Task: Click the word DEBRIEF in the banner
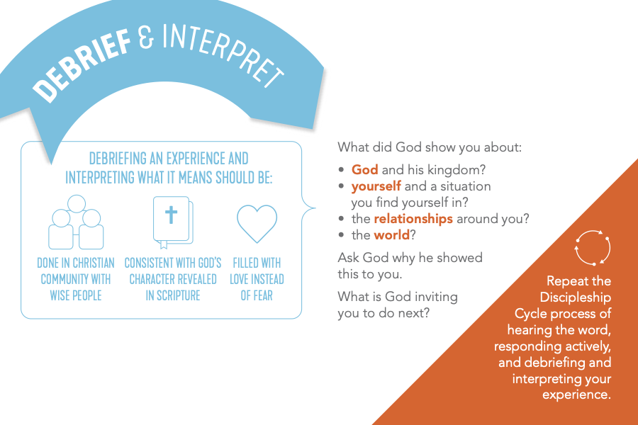[x=82, y=65]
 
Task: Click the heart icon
[x=257, y=223]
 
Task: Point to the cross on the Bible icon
[x=172, y=215]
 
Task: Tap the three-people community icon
[x=76, y=222]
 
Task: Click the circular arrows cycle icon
[x=593, y=248]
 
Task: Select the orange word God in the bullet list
[x=364, y=169]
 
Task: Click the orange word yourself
[x=376, y=186]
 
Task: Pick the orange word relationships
[x=413, y=219]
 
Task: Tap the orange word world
[x=391, y=235]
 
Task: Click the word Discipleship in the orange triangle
[x=576, y=297]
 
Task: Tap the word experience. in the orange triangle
[x=576, y=395]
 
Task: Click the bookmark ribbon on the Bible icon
[x=164, y=244]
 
